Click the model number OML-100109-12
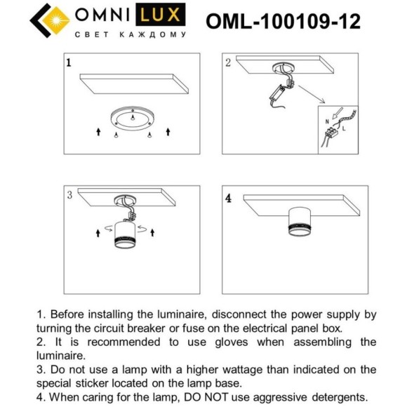coord(283,22)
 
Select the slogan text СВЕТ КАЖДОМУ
coord(130,34)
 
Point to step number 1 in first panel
coord(68,62)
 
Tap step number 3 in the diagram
coord(69,195)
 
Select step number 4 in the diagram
coord(228,198)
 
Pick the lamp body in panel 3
coord(127,236)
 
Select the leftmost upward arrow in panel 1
coord(98,131)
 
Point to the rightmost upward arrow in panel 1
coord(168,131)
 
